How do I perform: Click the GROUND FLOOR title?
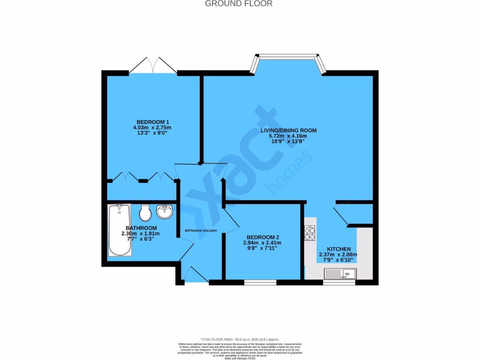coord(239,4)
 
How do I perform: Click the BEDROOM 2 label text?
coord(262,237)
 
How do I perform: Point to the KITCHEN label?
coord(338,249)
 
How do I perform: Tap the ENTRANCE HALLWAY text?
coord(201,230)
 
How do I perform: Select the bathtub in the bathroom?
coord(120,230)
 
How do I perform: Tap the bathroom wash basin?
coord(165,212)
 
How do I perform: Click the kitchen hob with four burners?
coord(310,233)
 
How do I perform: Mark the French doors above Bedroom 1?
coord(153,66)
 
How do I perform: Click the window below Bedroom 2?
coord(260,283)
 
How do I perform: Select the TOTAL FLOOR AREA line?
coord(240,339)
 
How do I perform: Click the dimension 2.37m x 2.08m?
coord(338,255)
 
